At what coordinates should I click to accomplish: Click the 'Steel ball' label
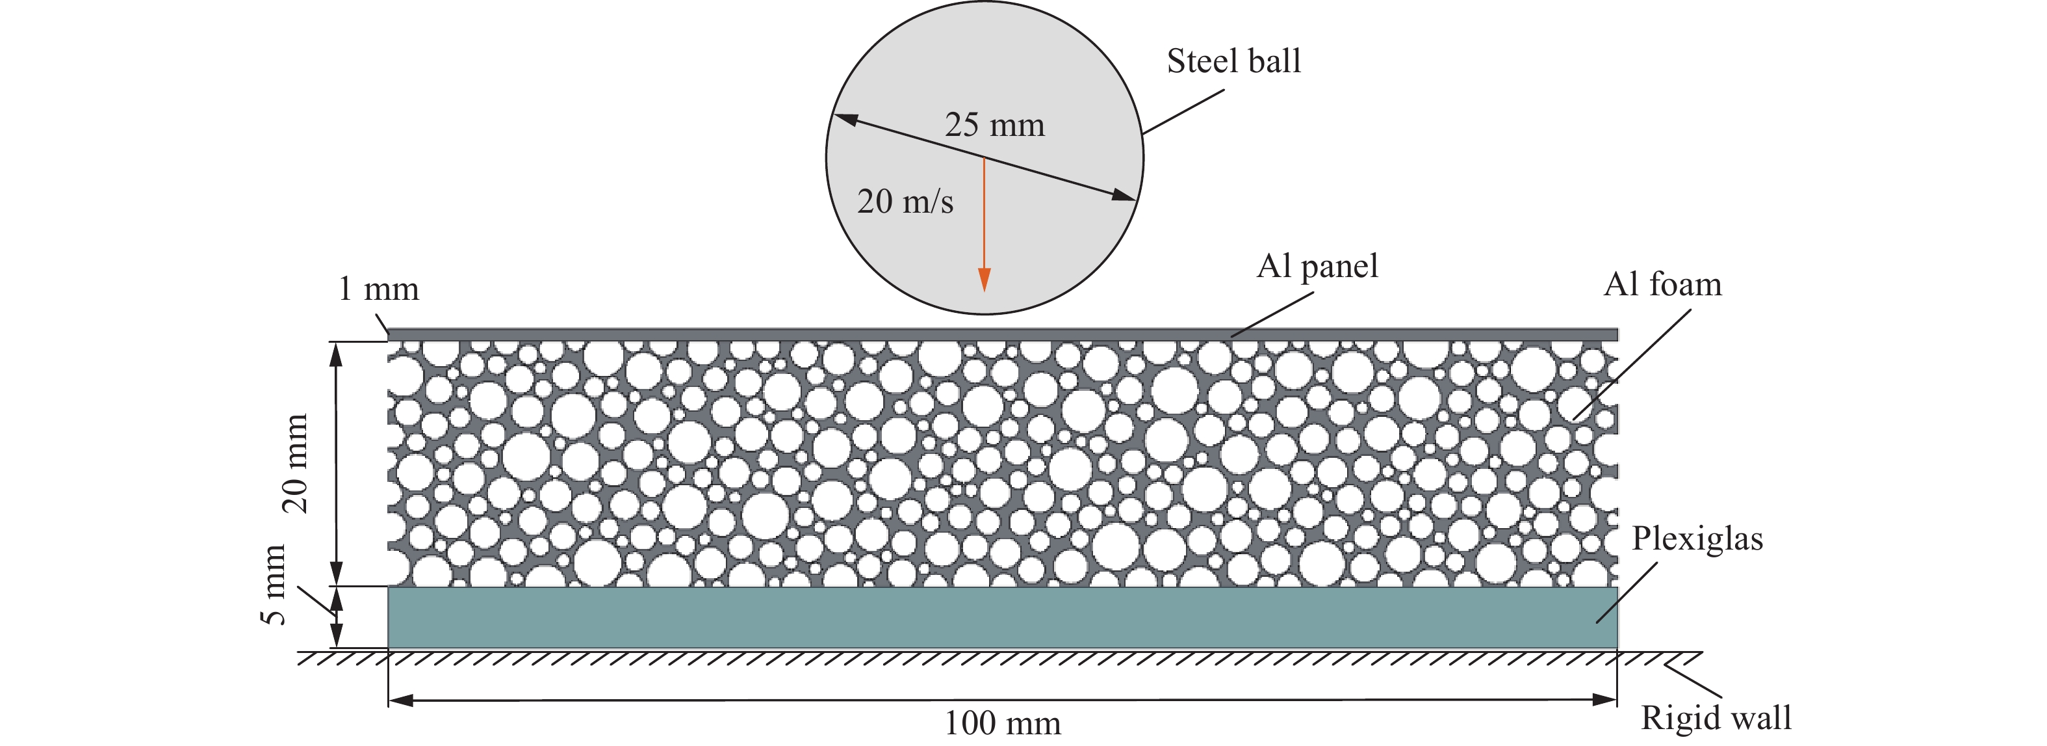point(1233,61)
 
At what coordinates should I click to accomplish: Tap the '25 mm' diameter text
point(994,125)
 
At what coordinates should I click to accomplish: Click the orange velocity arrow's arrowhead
point(984,280)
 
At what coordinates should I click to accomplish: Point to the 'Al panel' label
point(1317,265)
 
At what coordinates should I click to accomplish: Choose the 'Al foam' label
point(1662,284)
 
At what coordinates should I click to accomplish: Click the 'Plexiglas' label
point(1697,539)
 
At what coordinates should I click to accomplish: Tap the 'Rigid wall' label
point(1716,717)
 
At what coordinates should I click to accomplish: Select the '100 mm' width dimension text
point(1002,723)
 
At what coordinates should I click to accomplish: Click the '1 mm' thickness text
point(378,289)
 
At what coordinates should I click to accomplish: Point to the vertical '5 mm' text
point(274,585)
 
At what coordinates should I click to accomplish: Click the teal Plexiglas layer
point(1001,618)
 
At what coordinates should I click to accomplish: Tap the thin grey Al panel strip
point(1001,334)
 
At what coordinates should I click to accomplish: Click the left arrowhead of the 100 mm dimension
point(400,700)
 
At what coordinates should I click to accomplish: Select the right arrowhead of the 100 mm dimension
point(1606,700)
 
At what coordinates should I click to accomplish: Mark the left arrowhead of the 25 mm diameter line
point(845,119)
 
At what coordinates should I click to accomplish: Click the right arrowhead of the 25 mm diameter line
point(1124,195)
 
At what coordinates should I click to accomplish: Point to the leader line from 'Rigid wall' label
point(1693,682)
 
